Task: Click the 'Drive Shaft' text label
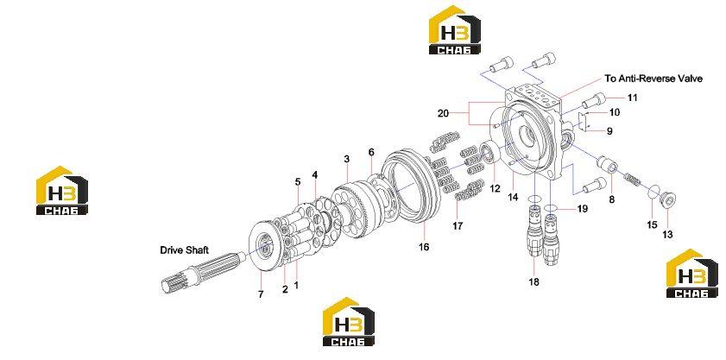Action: pyautogui.click(x=184, y=250)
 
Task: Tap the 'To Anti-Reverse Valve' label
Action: pyautogui.click(x=653, y=79)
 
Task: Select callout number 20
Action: pyautogui.click(x=443, y=113)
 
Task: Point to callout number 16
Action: pyautogui.click(x=424, y=247)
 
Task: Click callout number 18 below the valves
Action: pyautogui.click(x=533, y=281)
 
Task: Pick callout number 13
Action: pyautogui.click(x=667, y=235)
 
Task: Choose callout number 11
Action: pyautogui.click(x=632, y=98)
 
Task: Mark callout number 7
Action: pyautogui.click(x=261, y=294)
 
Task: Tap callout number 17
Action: pyautogui.click(x=458, y=226)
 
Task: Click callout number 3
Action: pyautogui.click(x=347, y=159)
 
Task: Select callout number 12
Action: pyautogui.click(x=496, y=188)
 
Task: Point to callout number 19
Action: pyautogui.click(x=582, y=209)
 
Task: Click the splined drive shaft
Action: pyautogui.click(x=202, y=273)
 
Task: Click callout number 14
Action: pyautogui.click(x=512, y=197)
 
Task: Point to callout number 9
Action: pyautogui.click(x=609, y=131)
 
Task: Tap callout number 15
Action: pyautogui.click(x=652, y=224)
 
